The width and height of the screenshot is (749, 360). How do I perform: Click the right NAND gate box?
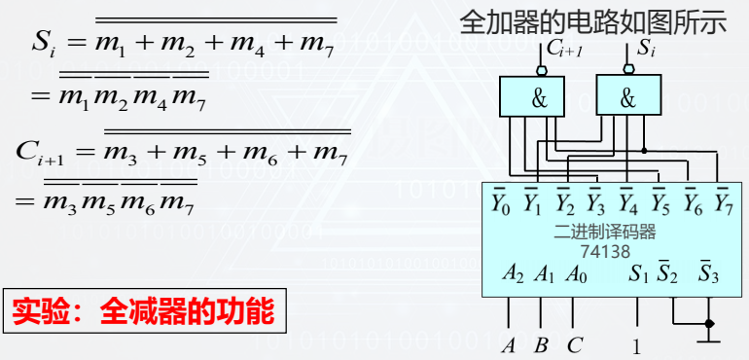pos(627,96)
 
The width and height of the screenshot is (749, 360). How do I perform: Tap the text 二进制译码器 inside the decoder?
pos(605,232)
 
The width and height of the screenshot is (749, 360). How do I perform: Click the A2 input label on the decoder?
pos(514,273)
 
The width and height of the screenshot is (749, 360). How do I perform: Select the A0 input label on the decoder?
pos(576,273)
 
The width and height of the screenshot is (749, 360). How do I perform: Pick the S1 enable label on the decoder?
pos(638,273)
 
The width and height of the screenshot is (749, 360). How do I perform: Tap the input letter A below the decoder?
pos(508,343)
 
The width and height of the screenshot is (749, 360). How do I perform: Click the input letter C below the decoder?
pos(574,343)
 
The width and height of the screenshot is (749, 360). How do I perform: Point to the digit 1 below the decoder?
pos(637,344)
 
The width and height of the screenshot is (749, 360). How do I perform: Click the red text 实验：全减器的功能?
pos(144,313)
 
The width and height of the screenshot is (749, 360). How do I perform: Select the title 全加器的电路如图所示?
pos(592,21)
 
